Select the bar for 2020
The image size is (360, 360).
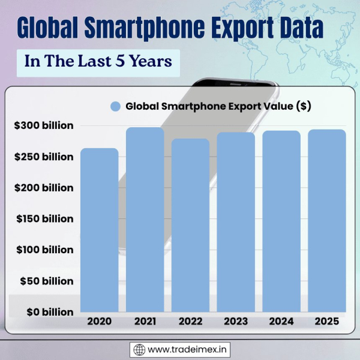point(99,230)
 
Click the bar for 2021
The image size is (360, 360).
point(145,220)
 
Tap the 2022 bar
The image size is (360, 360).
point(190,226)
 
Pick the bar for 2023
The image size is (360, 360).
point(236,223)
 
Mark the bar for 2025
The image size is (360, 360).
point(327,221)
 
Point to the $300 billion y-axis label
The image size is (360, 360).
point(44,126)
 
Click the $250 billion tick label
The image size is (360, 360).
point(44,157)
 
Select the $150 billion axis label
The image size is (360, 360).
point(44,219)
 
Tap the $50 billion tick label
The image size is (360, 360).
point(47,281)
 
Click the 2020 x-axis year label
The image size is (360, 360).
point(99,322)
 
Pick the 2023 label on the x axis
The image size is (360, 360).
point(236,322)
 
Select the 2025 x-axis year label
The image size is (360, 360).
point(327,322)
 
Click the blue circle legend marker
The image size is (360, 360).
point(116,106)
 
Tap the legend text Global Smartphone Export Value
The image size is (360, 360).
point(218,106)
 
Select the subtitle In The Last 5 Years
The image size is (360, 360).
point(98,62)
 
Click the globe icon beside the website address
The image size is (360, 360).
point(139,349)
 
